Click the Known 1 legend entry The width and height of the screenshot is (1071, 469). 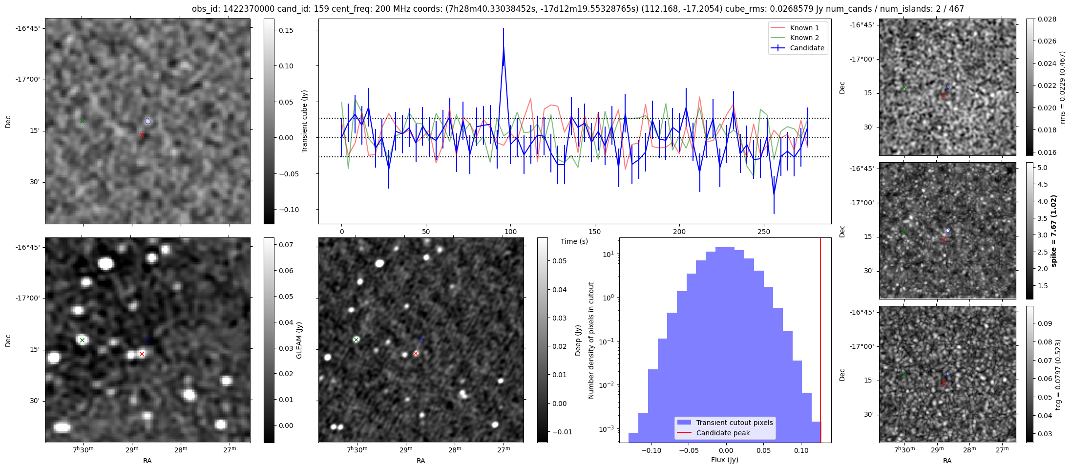[x=804, y=28]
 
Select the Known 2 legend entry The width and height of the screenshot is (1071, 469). [x=804, y=38]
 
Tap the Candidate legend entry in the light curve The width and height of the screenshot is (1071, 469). [x=807, y=48]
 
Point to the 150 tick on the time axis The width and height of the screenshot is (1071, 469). [x=595, y=232]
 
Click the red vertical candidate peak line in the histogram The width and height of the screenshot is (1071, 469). [x=820, y=342]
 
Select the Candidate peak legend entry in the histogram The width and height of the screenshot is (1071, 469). [x=723, y=433]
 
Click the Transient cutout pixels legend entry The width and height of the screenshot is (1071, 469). [x=734, y=423]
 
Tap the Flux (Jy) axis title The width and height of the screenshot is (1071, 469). [x=725, y=460]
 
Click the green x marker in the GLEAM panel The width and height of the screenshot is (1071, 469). [x=82, y=340]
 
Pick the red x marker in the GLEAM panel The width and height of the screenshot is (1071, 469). [x=142, y=354]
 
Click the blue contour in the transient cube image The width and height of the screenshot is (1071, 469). [x=148, y=121]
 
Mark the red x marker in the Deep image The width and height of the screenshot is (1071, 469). [x=416, y=353]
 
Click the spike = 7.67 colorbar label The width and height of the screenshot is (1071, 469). [x=1053, y=231]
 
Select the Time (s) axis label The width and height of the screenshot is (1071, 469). [x=574, y=241]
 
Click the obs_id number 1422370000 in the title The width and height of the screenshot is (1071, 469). [x=252, y=9]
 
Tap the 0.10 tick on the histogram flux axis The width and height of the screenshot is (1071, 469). [x=801, y=450]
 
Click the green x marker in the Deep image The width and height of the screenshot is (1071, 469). [x=356, y=340]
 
